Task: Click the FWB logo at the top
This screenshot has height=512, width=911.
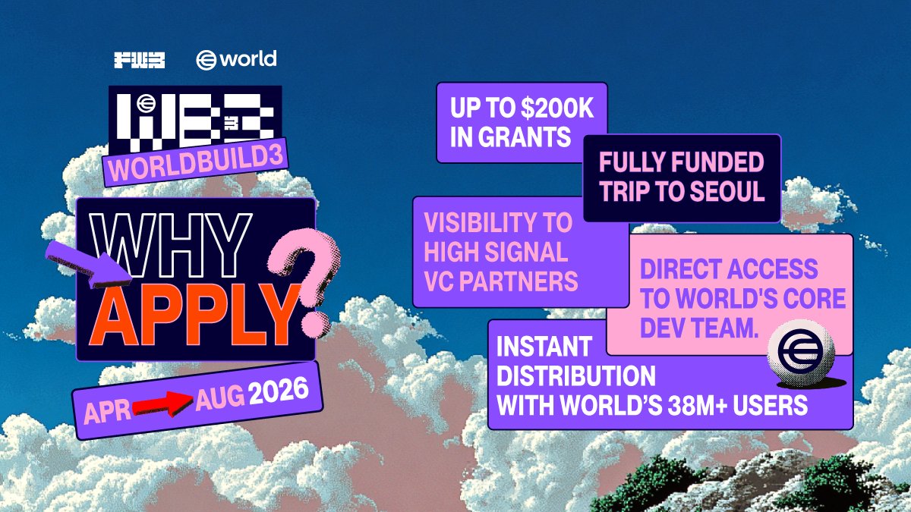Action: tap(139, 60)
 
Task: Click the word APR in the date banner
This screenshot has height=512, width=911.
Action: tap(106, 411)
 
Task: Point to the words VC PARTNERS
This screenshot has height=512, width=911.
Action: tap(500, 281)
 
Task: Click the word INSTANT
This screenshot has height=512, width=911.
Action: tap(543, 347)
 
